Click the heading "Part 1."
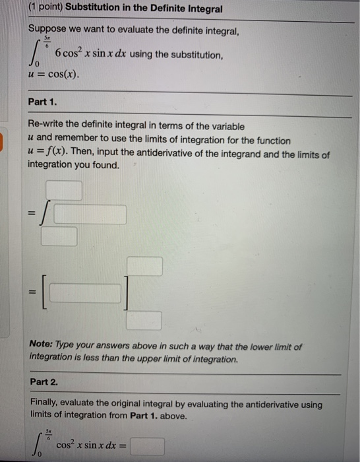[44, 102]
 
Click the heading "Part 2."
[44, 382]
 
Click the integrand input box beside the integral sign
[90, 214]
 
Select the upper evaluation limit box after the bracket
[144, 266]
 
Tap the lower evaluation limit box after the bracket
[144, 321]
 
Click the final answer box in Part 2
[147, 447]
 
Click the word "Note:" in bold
[43, 346]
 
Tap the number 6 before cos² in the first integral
[59, 53]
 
